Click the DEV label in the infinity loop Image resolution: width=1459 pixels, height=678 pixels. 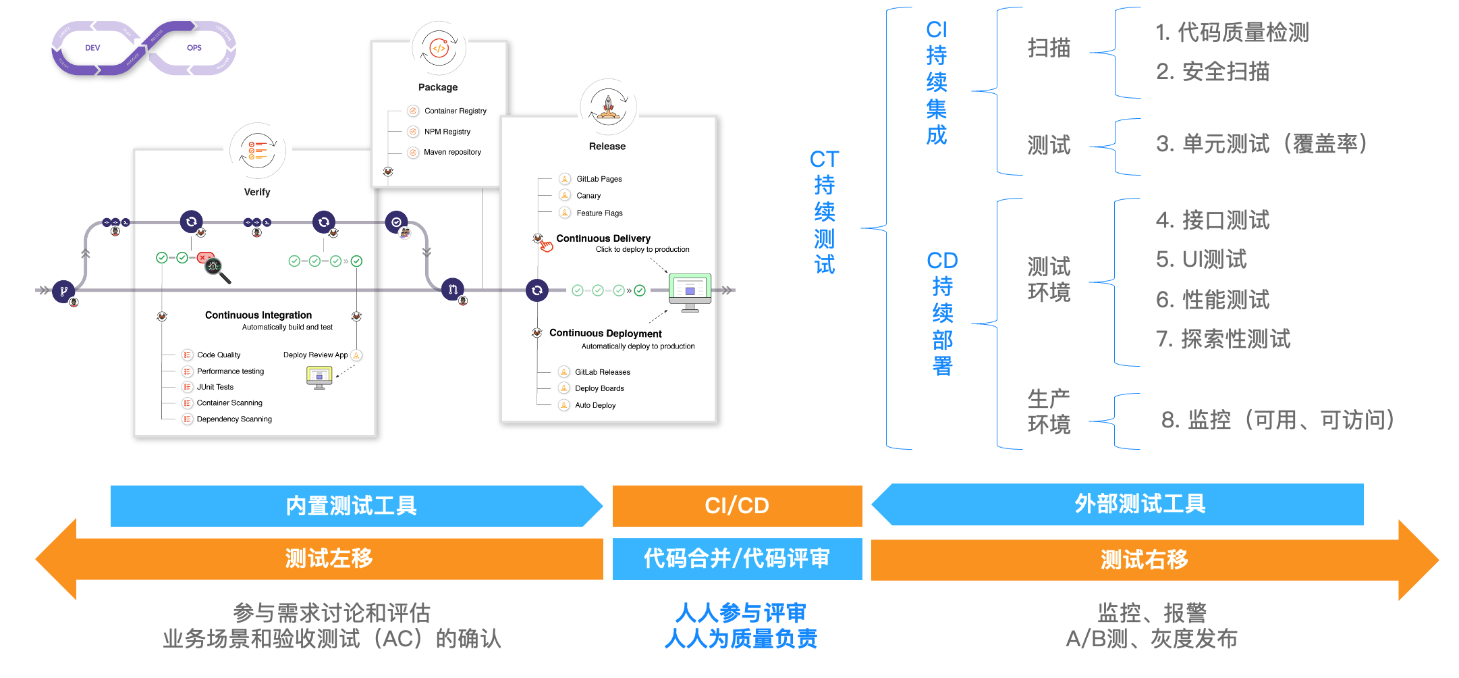tap(92, 48)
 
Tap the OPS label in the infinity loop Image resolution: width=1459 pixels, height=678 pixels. tap(194, 48)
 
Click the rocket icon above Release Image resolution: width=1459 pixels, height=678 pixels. tap(608, 107)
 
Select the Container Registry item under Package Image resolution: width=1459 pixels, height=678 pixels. tap(455, 111)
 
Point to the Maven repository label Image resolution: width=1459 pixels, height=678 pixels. tap(452, 153)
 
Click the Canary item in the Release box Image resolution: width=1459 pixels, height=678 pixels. tap(588, 196)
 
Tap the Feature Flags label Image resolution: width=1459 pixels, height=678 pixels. tap(599, 213)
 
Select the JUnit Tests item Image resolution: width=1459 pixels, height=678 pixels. tap(215, 388)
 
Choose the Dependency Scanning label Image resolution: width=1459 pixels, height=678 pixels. tap(234, 419)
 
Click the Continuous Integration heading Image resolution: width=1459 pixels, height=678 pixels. tap(258, 315)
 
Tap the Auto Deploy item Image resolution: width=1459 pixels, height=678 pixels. tap(595, 406)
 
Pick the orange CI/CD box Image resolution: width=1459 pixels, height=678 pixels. tap(737, 506)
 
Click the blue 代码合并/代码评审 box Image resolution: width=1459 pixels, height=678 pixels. tap(737, 559)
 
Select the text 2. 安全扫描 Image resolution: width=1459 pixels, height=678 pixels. tap(1213, 72)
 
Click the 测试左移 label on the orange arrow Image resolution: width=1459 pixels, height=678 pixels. tap(329, 559)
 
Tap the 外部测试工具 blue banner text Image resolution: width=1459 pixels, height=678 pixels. tap(1140, 504)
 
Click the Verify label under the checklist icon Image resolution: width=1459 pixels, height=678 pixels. tap(257, 192)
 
